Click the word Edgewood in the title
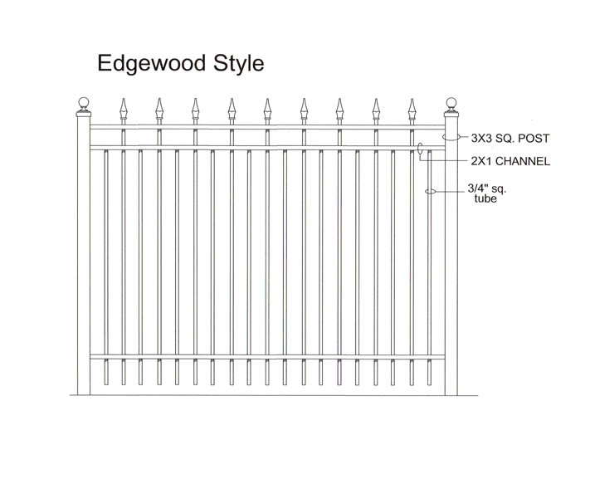point(151,63)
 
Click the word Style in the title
point(238,63)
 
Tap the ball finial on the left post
point(84,102)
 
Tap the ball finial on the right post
point(451,102)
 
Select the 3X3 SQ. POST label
point(510,138)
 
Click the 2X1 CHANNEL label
point(510,161)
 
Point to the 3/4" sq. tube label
point(487,193)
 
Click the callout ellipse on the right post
point(451,137)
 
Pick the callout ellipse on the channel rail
point(420,149)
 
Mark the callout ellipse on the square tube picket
point(431,192)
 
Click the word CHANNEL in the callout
point(523,161)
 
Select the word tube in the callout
point(485,198)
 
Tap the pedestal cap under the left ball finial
point(84,112)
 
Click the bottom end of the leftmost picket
point(106,384)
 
